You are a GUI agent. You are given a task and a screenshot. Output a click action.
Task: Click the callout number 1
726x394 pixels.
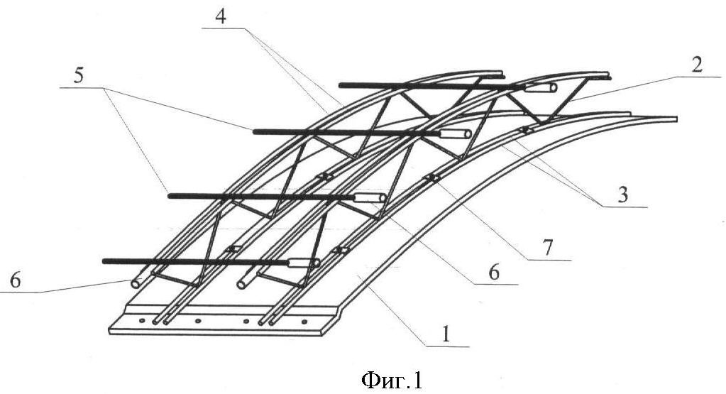[x=446, y=334]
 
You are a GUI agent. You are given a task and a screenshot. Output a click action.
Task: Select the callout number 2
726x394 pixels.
[x=697, y=65]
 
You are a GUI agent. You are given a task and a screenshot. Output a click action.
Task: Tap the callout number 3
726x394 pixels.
[x=623, y=195]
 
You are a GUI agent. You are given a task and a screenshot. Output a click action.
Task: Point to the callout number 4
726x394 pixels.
[x=221, y=16]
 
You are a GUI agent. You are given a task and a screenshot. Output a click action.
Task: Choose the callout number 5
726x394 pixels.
[x=79, y=75]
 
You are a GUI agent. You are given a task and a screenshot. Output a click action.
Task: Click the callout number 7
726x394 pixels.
[x=548, y=248]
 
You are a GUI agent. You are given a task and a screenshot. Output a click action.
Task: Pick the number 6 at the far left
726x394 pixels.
[x=16, y=280]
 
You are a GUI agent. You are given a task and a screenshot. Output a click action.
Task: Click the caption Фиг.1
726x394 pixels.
[x=392, y=380]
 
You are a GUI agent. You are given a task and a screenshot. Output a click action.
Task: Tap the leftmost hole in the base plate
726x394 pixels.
[x=142, y=320]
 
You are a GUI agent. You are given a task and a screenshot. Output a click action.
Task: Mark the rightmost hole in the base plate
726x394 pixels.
[x=304, y=322]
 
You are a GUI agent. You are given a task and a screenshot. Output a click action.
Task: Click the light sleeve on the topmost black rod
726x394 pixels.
[x=541, y=87]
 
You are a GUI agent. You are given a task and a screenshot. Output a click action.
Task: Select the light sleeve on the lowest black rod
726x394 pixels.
[x=304, y=263]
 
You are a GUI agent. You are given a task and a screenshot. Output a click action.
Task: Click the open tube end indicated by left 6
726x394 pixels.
[x=136, y=283]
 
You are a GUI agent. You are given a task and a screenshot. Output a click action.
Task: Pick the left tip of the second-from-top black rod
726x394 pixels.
[x=255, y=131]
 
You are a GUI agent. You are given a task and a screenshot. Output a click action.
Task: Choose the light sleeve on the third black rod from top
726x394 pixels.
[x=370, y=198]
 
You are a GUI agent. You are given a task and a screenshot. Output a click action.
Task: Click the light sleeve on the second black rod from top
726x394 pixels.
[x=455, y=133]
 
